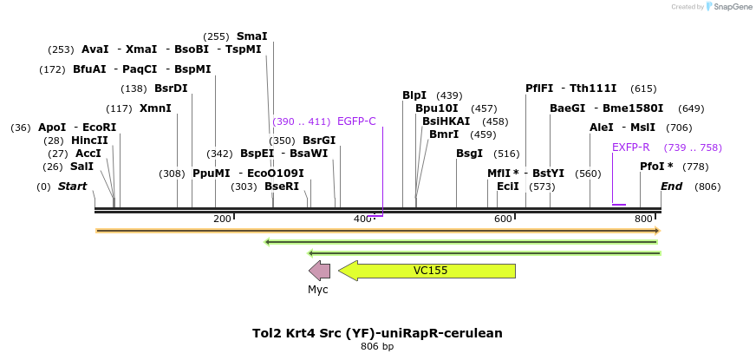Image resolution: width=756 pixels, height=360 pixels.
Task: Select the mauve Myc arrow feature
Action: point(319,271)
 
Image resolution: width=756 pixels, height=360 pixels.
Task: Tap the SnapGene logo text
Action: point(730,7)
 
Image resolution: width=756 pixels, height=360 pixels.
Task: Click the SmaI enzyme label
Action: point(251,36)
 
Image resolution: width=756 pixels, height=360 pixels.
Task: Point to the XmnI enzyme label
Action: point(155,108)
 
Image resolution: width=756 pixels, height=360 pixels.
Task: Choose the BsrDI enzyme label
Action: point(170,88)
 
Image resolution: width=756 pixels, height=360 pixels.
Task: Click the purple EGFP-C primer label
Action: point(356,121)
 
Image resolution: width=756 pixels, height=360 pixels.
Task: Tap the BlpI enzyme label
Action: point(414,95)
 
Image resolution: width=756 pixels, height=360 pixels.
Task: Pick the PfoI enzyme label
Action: point(656,167)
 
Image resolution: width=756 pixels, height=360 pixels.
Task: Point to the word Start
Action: point(73,187)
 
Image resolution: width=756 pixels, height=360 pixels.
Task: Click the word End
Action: point(672,187)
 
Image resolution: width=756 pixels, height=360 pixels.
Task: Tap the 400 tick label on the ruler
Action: point(362,219)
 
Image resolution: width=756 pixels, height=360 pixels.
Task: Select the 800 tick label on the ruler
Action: point(643,219)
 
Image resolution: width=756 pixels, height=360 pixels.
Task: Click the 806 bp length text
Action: point(377,347)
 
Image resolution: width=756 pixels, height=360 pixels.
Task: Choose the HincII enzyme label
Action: point(89,141)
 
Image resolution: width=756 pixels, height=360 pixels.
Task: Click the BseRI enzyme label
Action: point(281,187)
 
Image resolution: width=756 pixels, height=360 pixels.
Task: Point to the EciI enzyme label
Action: point(508,187)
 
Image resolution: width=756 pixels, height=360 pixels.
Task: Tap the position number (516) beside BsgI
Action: point(506,154)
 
